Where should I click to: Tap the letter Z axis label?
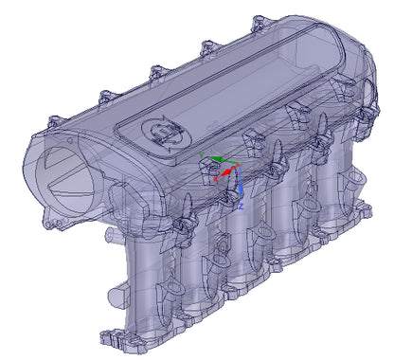tap(242, 204)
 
